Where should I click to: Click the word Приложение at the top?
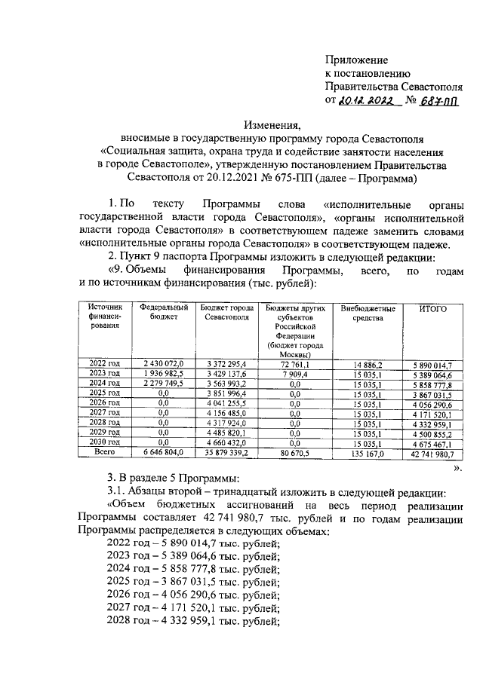click(x=356, y=60)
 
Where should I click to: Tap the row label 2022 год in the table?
click(x=104, y=363)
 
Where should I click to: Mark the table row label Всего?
click(x=104, y=453)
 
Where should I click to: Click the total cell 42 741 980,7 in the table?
click(x=432, y=454)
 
